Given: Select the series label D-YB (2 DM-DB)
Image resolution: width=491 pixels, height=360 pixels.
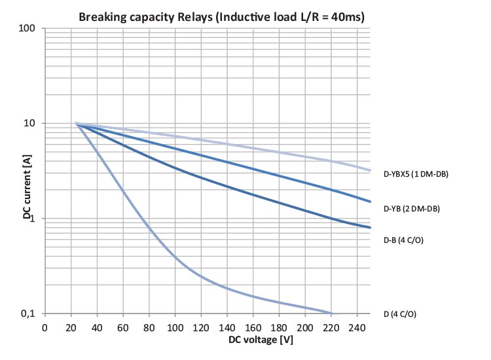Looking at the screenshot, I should coord(411,209).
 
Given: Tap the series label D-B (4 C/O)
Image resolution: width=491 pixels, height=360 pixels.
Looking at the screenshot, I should coord(403,240).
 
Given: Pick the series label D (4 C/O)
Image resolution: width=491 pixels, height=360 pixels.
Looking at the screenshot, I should coord(399,314).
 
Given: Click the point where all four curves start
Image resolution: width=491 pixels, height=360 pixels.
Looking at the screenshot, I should coord(76,124).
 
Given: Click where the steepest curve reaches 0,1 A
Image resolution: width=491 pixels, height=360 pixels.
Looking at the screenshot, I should coord(331,313).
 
